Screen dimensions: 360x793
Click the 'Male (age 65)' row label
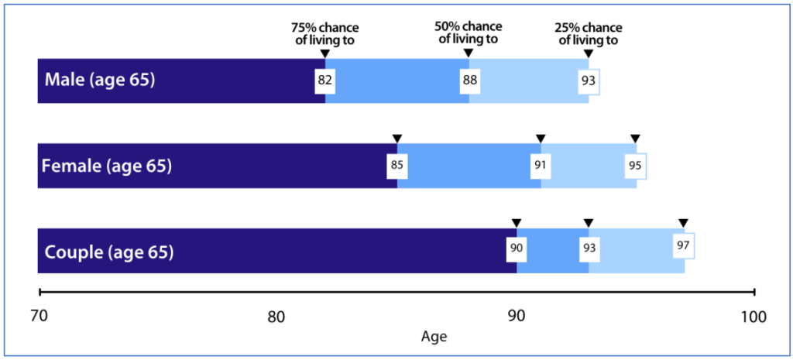(x=101, y=81)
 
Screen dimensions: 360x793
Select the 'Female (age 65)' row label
(x=106, y=166)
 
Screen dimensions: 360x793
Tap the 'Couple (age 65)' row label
(x=109, y=252)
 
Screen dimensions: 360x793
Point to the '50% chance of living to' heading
(x=468, y=33)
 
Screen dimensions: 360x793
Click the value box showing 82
(x=324, y=81)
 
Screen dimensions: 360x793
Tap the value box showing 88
(x=469, y=81)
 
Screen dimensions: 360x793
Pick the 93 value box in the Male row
(x=589, y=81)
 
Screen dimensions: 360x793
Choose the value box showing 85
(x=396, y=166)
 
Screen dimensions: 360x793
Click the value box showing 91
(x=541, y=166)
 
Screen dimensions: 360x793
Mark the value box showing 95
(x=636, y=166)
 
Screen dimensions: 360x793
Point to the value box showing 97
(x=683, y=245)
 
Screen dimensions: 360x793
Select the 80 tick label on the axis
(x=276, y=317)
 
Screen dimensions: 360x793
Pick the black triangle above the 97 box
(x=683, y=224)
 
